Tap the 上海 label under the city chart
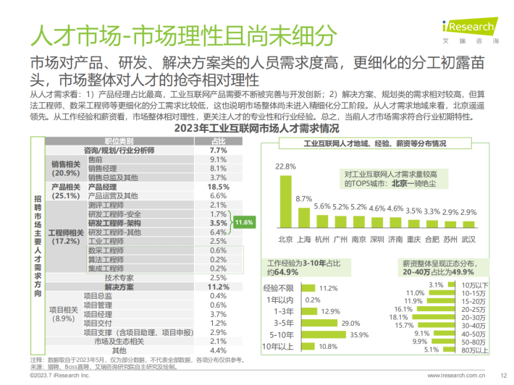click(x=304, y=238)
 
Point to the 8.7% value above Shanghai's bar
click(x=304, y=198)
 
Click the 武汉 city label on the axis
click(x=468, y=238)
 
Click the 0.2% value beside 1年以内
click(x=313, y=300)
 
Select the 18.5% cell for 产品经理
click(x=218, y=187)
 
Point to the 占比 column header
click(x=218, y=141)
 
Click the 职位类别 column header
click(x=119, y=141)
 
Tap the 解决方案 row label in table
click(x=119, y=287)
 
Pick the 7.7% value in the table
click(x=218, y=150)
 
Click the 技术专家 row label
click(x=119, y=277)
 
